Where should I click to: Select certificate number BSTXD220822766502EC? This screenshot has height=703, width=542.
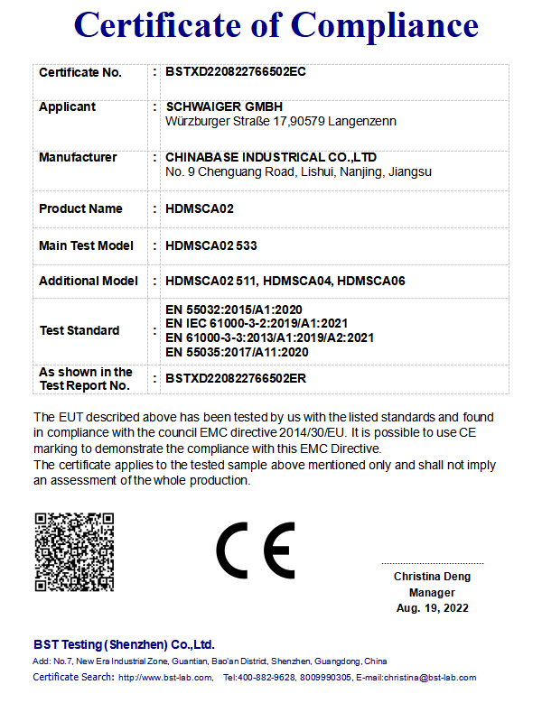pos(236,71)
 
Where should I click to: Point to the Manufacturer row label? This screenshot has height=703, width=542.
pos(78,157)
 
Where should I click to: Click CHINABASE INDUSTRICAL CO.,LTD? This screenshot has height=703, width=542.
pos(271,157)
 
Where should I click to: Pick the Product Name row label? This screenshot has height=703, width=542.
pos(80,208)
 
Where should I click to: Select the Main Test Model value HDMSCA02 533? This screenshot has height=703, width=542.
pos(211,245)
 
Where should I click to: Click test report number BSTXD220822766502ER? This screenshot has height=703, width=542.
pos(236,378)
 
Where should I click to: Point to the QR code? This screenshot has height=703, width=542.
pos(74,551)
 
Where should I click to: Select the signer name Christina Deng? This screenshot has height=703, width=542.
pos(432,577)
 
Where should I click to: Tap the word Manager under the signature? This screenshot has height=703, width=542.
pos(432,593)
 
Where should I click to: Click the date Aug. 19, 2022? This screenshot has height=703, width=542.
pos(432,608)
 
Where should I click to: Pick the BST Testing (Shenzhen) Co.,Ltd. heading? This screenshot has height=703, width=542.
pos(124,644)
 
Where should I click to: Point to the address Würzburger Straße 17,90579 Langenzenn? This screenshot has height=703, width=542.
pos(281,121)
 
